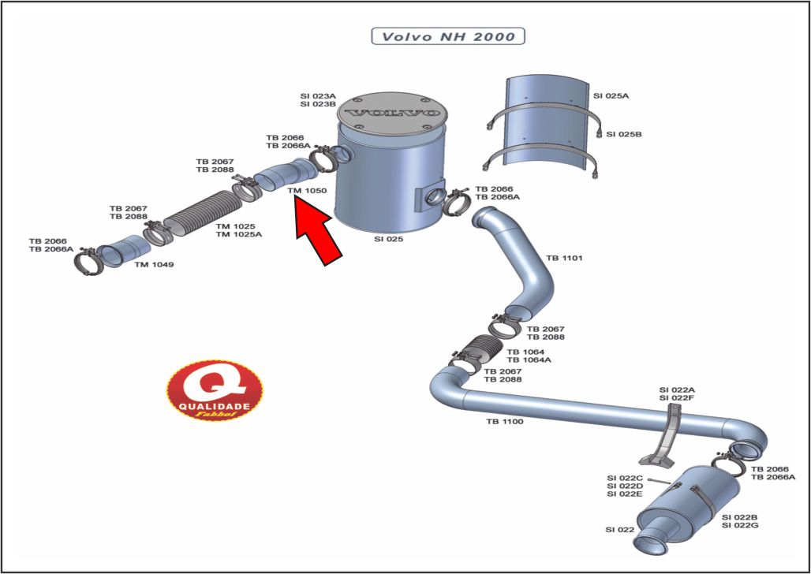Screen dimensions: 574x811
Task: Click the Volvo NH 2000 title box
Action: [448, 36]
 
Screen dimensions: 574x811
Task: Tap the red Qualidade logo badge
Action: [215, 389]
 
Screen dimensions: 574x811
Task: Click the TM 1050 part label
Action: [307, 191]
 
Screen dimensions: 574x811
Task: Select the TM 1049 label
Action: [154, 264]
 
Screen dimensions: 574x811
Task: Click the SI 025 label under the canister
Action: [388, 238]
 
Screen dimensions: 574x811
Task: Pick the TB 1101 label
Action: [564, 258]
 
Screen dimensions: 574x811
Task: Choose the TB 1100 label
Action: [504, 421]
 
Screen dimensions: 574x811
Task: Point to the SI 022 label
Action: [620, 529]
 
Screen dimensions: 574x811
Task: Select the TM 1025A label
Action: [239, 234]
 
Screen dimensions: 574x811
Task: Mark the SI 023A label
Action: [318, 95]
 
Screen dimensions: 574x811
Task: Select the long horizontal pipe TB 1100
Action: [584, 412]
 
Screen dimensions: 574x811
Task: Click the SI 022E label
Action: [625, 494]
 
